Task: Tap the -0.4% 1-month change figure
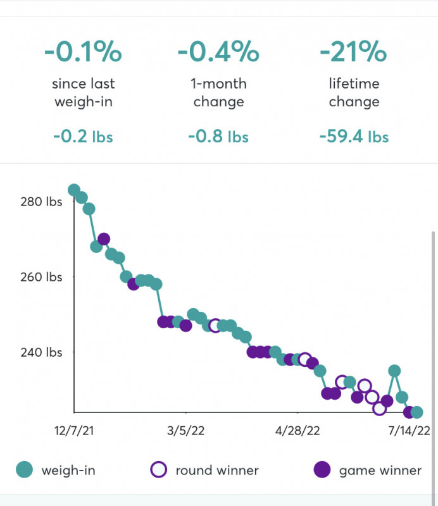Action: (x=218, y=51)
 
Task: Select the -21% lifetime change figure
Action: (x=354, y=51)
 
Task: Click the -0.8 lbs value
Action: (x=218, y=136)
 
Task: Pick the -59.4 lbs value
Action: (x=354, y=136)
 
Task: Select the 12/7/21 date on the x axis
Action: (x=75, y=431)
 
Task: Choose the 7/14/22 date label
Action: (x=409, y=431)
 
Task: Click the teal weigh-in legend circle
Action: (x=24, y=469)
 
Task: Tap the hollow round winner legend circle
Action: (x=158, y=469)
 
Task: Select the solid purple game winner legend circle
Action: (x=322, y=469)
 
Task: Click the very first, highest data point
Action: (x=74, y=190)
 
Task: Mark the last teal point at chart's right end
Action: (x=416, y=412)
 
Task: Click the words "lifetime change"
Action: (x=354, y=93)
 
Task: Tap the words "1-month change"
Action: (x=218, y=93)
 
